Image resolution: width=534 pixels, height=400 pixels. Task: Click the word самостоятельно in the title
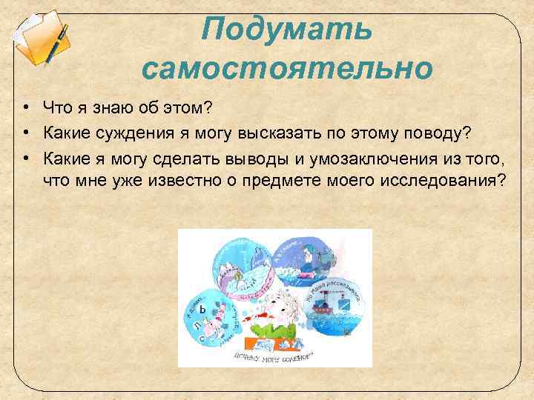tap(286, 70)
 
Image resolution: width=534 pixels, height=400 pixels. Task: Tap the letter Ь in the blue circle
tap(201, 311)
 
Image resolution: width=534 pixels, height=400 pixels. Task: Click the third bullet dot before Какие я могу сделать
tap(25, 157)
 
